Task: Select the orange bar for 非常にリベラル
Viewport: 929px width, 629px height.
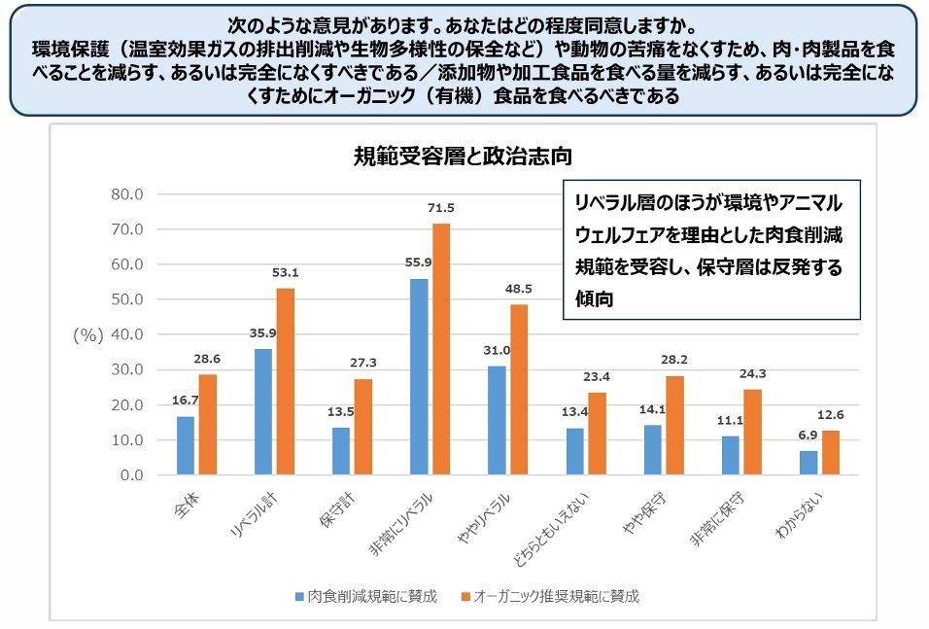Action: coord(441,350)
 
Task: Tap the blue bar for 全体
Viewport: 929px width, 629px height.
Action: coord(186,445)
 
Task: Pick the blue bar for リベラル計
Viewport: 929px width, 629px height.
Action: coord(263,411)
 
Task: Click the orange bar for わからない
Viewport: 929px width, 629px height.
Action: coord(831,452)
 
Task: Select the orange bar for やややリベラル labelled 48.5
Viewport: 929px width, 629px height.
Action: coord(519,389)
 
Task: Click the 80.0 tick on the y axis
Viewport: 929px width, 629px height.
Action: coord(126,193)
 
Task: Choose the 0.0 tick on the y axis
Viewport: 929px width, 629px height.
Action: coord(131,475)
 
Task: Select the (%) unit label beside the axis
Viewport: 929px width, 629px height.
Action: coord(87,334)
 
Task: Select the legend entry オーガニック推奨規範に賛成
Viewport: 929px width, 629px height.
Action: coord(549,596)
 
